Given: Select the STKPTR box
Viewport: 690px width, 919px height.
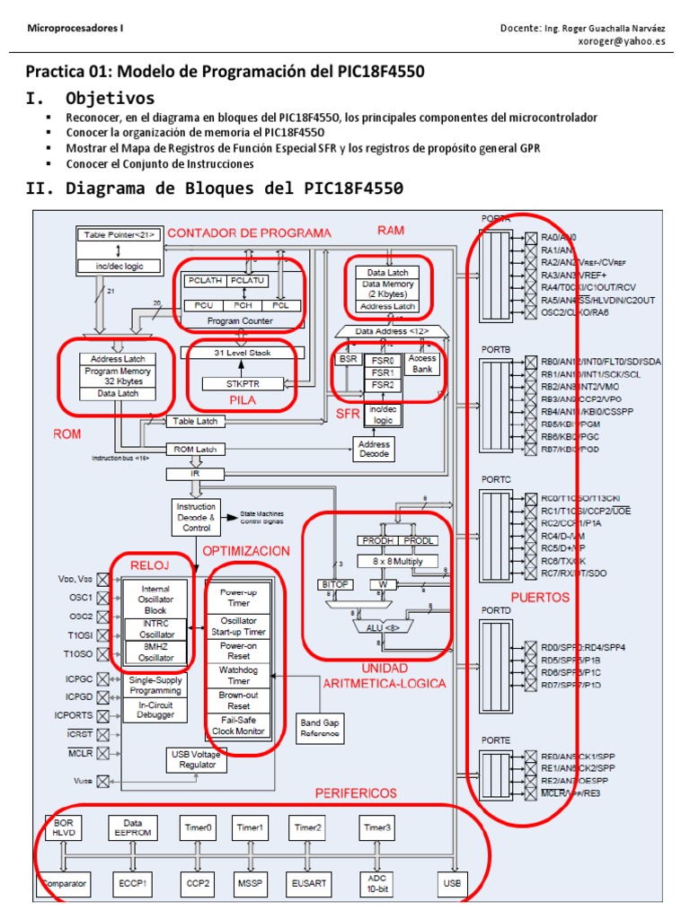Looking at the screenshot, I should [x=242, y=383].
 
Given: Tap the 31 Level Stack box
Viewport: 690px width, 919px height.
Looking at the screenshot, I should [x=242, y=353].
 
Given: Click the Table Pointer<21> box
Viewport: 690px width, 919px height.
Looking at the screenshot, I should [x=120, y=234].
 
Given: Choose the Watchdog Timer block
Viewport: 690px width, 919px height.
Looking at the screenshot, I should [x=240, y=676].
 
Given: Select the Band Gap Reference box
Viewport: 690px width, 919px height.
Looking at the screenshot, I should [x=321, y=727].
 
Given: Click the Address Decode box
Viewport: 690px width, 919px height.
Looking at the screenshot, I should [x=374, y=449].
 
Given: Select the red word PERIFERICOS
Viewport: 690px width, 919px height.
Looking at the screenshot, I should [x=356, y=793].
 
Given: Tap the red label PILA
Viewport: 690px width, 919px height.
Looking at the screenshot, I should [x=242, y=401].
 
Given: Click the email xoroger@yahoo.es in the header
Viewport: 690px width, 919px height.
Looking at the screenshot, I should [x=620, y=41].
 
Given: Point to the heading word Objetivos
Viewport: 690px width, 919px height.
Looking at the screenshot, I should [x=110, y=98].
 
